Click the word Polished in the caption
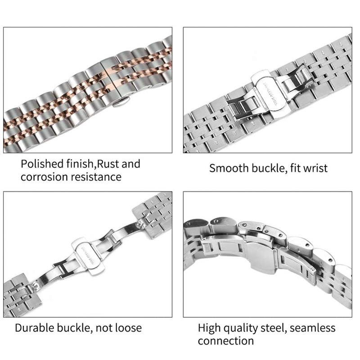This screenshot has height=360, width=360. pyautogui.click(x=40, y=164)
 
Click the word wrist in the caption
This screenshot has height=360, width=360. pyautogui.click(x=315, y=169)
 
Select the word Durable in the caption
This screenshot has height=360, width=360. pyautogui.click(x=35, y=328)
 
